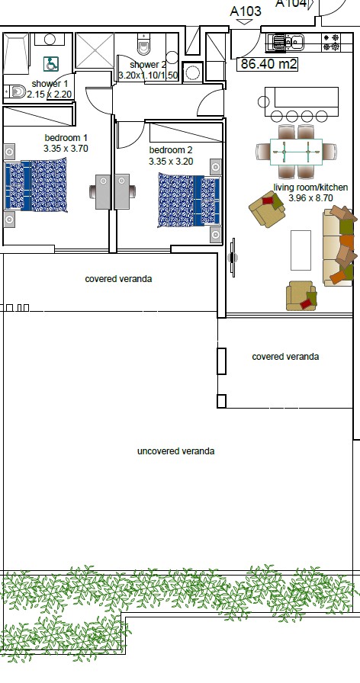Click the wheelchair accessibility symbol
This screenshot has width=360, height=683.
point(51,65)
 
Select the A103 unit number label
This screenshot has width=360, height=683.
point(246,11)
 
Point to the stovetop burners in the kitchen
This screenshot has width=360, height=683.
point(330,42)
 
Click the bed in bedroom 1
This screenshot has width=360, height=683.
point(36,184)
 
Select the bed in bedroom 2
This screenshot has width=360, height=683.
point(189,200)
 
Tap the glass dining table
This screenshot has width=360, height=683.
point(296,152)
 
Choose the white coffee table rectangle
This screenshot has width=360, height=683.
point(301,251)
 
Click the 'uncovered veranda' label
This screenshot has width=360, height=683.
point(175,451)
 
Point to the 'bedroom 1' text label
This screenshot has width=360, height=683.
point(66,138)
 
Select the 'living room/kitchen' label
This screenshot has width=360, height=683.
point(310,188)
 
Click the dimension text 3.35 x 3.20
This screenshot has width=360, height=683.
point(171,162)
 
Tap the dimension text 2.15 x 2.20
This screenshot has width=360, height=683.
point(50,94)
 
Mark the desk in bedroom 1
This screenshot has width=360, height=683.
point(103,191)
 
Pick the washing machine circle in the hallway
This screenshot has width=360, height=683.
point(193,73)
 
